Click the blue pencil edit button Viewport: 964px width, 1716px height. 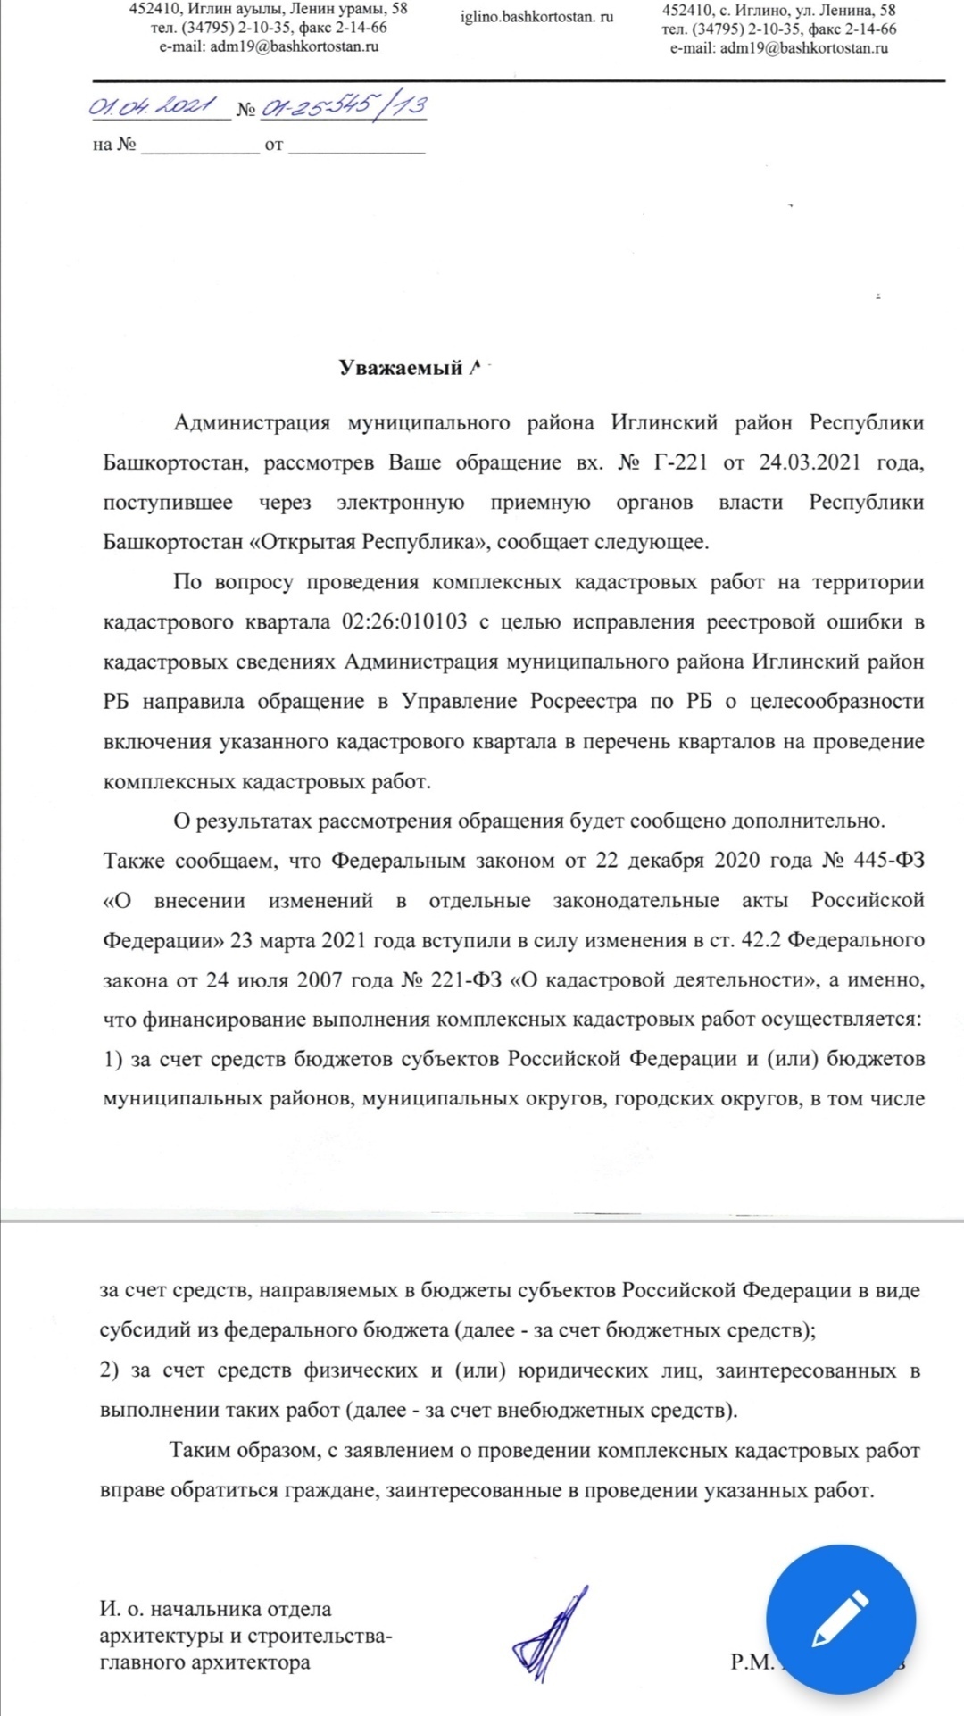point(841,1618)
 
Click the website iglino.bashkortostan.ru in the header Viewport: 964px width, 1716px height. point(536,17)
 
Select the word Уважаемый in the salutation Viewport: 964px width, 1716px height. point(400,368)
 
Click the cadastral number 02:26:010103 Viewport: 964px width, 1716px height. point(403,621)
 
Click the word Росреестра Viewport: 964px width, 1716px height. point(584,702)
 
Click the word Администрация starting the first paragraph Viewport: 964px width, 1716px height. point(252,422)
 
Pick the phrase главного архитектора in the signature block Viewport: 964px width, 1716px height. point(204,1662)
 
